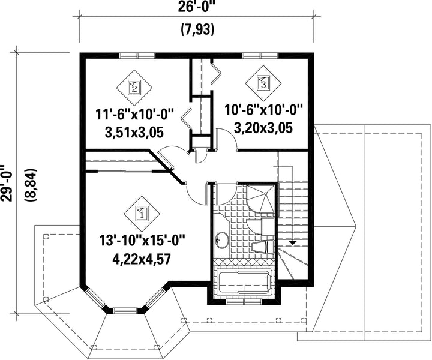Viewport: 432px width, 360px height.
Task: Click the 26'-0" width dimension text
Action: pos(197,6)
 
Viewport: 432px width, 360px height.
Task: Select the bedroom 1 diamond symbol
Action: pos(142,214)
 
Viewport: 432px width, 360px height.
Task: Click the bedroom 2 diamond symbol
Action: pos(134,88)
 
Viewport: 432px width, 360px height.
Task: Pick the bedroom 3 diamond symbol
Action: pos(263,83)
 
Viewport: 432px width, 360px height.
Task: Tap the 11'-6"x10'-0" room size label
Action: pos(135,114)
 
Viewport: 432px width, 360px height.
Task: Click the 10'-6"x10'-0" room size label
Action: pos(263,110)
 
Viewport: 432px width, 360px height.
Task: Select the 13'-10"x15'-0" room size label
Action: pos(142,241)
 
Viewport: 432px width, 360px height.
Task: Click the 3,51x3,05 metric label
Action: pos(134,132)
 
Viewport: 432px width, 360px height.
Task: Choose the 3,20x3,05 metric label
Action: pos(263,128)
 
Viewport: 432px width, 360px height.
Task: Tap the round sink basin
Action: pos(222,239)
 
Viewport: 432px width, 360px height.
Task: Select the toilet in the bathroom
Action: pos(263,247)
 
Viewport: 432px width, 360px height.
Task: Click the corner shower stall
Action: pos(260,198)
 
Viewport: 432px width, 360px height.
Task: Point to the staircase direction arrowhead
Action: pos(292,242)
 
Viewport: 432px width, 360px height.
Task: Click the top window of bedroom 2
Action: pos(137,55)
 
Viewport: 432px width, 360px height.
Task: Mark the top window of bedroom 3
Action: pos(260,55)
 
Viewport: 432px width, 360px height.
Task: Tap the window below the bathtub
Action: pos(244,301)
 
